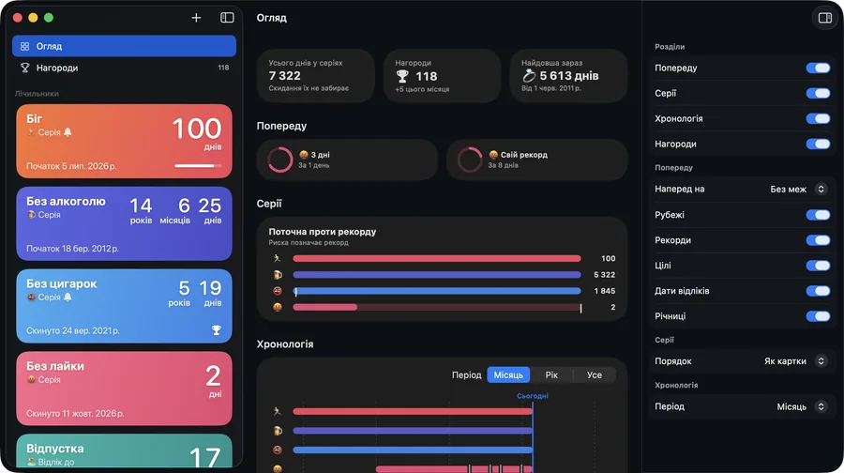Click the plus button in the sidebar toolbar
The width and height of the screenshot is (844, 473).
[x=196, y=18]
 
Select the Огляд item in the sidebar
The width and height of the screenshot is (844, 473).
[x=124, y=46]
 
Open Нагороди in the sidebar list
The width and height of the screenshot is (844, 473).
[x=124, y=68]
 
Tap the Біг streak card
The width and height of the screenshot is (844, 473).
[x=124, y=141]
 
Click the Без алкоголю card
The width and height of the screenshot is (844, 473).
[x=124, y=223]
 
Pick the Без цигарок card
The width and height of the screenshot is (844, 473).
[x=124, y=306]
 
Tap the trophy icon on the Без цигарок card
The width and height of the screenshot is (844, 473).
[x=217, y=330]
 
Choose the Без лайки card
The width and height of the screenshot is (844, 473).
[x=124, y=389]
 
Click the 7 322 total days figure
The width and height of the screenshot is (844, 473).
[x=285, y=76]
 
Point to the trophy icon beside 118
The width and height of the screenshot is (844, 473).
[x=402, y=77]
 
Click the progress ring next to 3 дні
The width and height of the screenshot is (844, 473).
[x=280, y=160]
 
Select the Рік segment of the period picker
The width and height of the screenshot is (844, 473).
[x=551, y=375]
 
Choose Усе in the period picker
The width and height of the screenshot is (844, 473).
[x=595, y=375]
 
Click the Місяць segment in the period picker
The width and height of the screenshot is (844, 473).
[x=508, y=375]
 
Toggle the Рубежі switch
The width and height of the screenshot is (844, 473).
[x=818, y=215]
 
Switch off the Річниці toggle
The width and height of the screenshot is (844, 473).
[x=818, y=316]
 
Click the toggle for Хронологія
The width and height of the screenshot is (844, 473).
[x=818, y=118]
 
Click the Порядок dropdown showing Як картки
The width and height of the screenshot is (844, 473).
[x=795, y=361]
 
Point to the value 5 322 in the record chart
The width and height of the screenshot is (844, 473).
[x=605, y=275]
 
